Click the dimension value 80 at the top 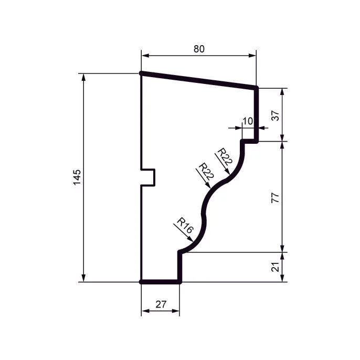(x=199, y=49)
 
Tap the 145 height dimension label (x=77, y=177)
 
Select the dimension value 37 (x=276, y=115)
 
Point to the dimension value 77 (x=276, y=198)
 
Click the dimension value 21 (x=276, y=267)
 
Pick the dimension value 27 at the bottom (x=161, y=304)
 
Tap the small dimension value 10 (x=248, y=121)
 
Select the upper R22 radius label (x=225, y=157)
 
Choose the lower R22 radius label (x=206, y=171)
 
